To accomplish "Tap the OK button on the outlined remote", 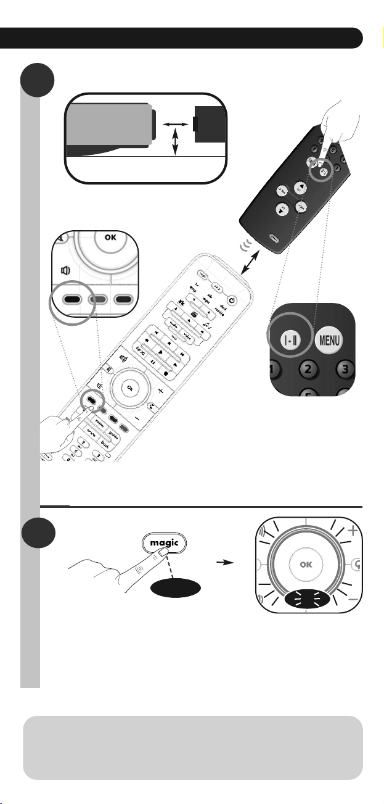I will click(129, 387).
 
